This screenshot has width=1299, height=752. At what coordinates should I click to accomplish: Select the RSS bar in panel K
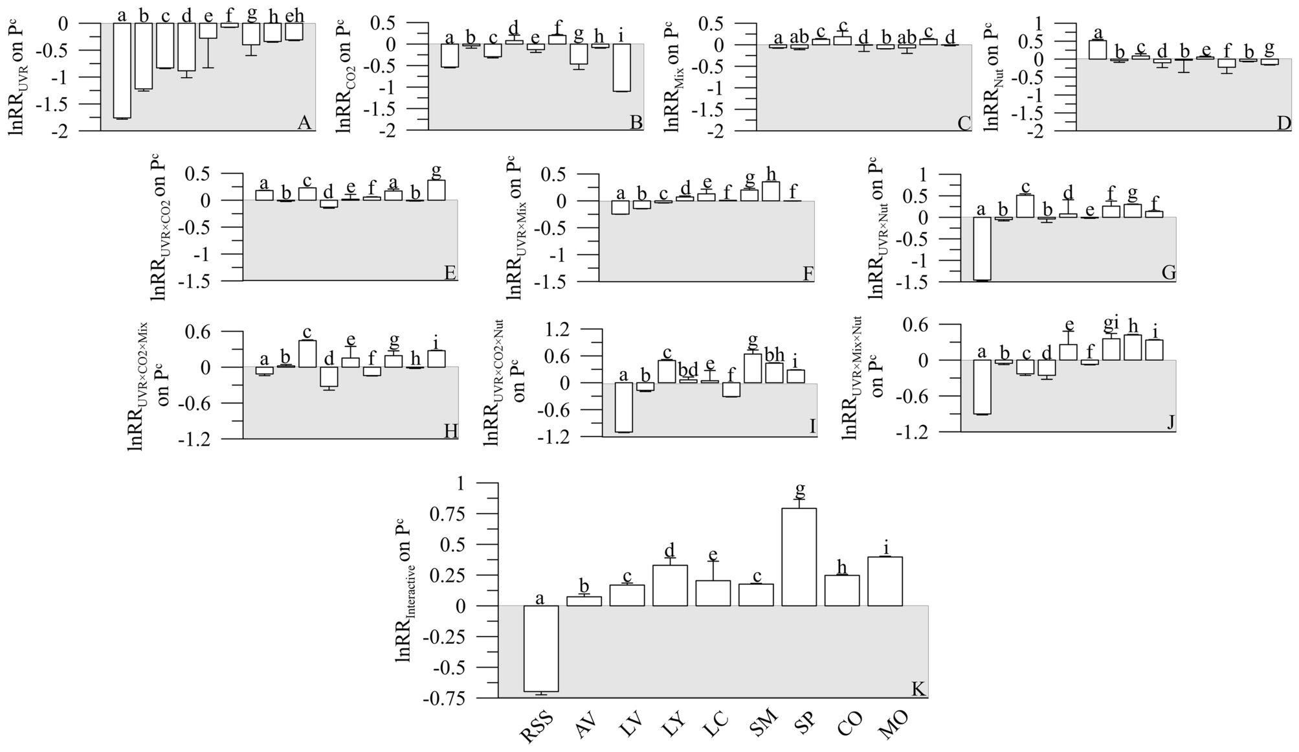(540, 648)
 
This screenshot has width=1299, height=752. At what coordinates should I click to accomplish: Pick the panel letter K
(918, 688)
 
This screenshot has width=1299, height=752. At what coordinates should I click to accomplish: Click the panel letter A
(304, 122)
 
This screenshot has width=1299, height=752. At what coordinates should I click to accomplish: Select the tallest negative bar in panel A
(122, 71)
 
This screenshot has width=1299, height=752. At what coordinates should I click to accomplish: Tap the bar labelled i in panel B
(621, 67)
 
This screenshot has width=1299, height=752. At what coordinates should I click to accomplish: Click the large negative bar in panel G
(981, 249)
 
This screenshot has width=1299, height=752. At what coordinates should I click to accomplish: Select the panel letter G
(1168, 272)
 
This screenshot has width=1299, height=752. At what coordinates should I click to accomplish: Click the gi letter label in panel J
(1111, 323)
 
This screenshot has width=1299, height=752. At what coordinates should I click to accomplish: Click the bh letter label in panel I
(774, 354)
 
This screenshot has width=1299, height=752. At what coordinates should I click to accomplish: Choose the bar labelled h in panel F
(770, 191)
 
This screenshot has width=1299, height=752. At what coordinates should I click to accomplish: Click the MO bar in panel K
(885, 581)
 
